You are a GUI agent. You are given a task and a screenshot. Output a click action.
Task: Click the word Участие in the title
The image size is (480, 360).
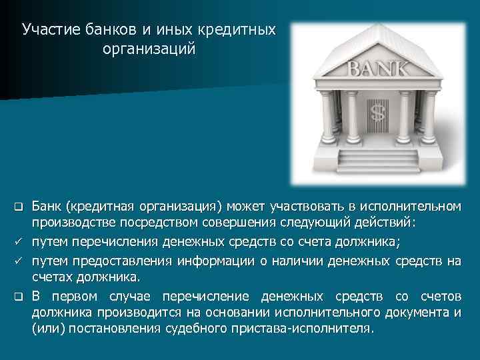tap(51, 30)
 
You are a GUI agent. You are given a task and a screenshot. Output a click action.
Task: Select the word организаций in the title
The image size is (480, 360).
tap(149, 49)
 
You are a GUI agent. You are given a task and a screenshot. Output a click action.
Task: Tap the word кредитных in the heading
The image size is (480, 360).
tap(241, 30)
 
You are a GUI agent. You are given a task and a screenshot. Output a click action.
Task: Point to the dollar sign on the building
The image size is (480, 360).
tap(377, 112)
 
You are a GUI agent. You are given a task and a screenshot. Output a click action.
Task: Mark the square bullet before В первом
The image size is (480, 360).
tap(20, 295)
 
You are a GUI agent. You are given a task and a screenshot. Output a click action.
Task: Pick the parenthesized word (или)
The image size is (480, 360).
tap(47, 330)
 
